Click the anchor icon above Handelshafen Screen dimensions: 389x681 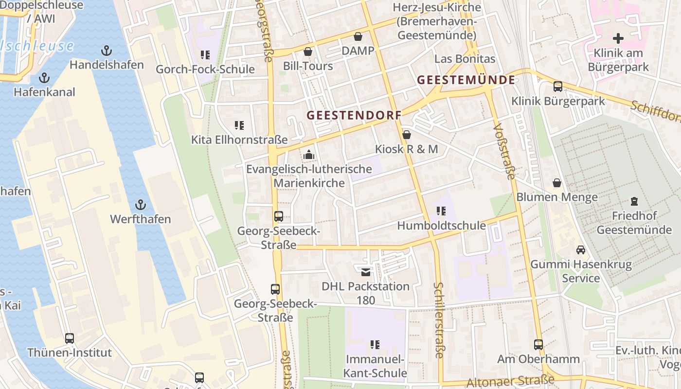106,51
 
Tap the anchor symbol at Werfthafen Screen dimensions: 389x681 141,205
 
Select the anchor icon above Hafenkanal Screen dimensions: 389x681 44,78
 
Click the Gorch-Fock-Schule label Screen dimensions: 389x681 205,69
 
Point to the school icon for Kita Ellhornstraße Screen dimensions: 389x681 239,125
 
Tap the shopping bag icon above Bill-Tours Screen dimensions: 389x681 307,52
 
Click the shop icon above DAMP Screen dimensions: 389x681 358,36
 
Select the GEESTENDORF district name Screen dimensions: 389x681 354,115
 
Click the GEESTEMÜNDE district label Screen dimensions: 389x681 466,80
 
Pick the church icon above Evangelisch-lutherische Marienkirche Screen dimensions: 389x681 308,155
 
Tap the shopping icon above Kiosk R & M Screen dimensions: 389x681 407,135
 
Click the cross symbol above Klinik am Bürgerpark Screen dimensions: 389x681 618,38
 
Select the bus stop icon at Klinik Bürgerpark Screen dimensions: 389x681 558,87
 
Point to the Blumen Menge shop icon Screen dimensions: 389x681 557,183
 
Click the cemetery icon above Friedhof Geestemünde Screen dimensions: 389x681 634,201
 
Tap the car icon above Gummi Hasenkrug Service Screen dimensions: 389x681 581,250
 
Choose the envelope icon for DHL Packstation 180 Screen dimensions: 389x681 365,272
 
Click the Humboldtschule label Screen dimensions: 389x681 441,226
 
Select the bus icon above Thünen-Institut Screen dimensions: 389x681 70,338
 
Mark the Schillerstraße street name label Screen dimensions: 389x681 439,320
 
